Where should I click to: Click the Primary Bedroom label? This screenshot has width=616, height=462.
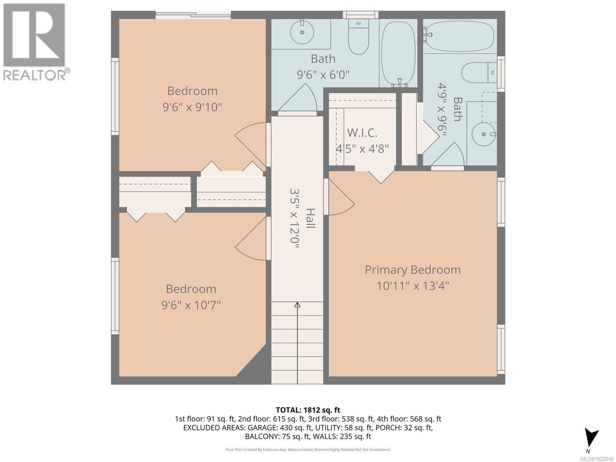413,270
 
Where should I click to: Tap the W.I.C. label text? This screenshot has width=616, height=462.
362,133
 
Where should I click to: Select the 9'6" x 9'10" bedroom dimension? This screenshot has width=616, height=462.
192,107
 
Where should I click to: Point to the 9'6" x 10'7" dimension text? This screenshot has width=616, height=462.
191,305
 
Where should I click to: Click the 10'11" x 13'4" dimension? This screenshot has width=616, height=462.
413,286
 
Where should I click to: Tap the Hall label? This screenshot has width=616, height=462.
310,218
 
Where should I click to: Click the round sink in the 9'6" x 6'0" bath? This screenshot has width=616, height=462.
302,32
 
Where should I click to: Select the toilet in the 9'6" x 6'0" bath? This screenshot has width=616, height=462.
358,37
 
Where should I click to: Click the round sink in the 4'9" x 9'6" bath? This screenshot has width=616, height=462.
483,134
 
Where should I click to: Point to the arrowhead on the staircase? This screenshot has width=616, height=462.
298,305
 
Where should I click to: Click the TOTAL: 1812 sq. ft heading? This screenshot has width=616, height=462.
308,410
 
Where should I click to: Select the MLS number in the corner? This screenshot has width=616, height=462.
597,459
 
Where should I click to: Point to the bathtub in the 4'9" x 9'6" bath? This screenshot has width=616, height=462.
460,36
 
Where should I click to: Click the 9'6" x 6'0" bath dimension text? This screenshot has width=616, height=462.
323,75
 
